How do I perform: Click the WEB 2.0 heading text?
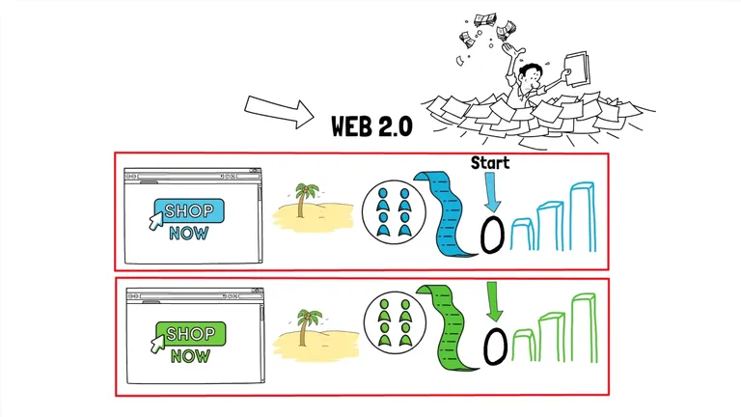[x=371, y=125]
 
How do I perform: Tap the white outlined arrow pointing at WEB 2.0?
[x=279, y=113]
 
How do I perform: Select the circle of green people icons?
[x=393, y=325]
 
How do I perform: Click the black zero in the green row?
[x=495, y=345]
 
